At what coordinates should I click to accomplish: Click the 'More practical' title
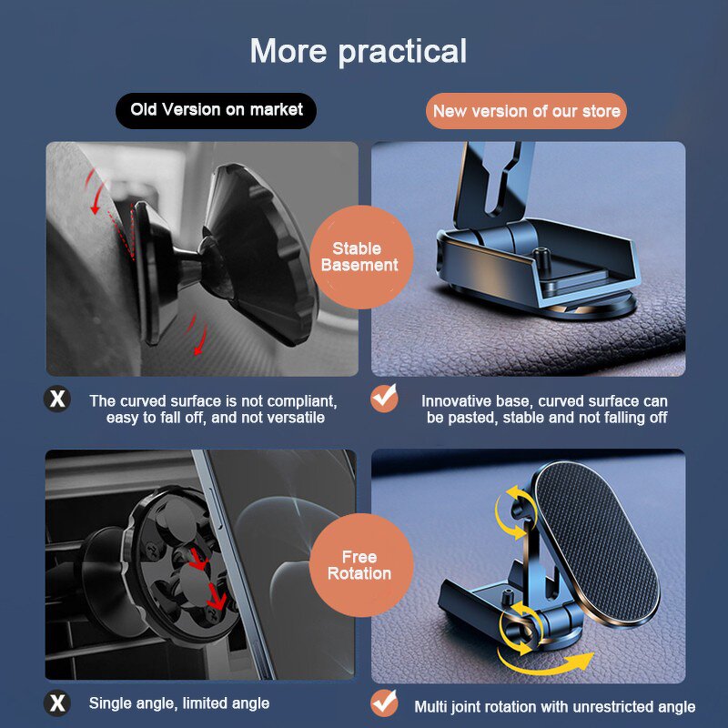(358, 51)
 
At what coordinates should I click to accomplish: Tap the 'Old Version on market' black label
(217, 110)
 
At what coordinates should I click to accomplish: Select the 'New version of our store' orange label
(526, 111)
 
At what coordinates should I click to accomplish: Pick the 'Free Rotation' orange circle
(359, 565)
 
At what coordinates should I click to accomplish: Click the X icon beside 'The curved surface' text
(57, 399)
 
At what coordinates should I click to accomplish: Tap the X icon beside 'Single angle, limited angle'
(57, 703)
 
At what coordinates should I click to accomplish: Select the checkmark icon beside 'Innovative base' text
(384, 399)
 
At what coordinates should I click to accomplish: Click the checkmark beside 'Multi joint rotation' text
(384, 703)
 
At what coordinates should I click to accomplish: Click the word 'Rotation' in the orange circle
(359, 574)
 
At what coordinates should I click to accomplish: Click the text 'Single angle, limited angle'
(179, 703)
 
